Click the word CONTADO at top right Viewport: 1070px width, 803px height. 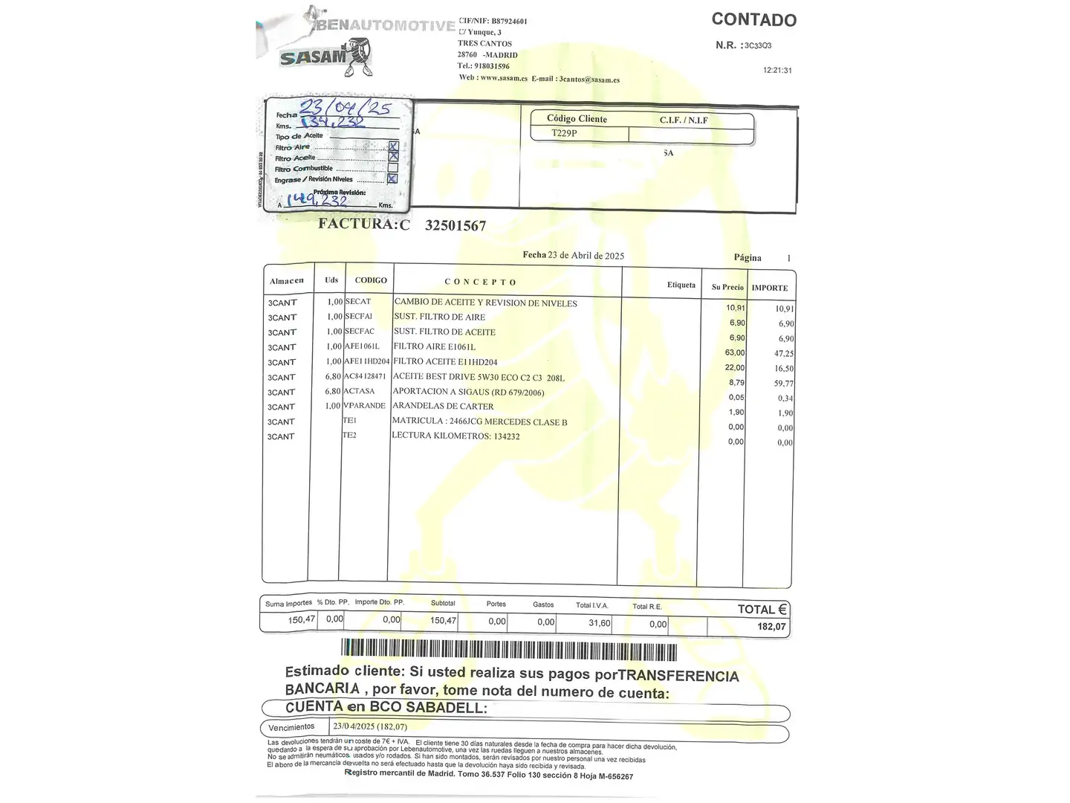coord(753,20)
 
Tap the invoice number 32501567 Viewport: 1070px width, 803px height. coord(455,226)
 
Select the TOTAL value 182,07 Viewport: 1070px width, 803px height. coord(771,627)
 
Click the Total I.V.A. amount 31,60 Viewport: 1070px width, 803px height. coord(599,623)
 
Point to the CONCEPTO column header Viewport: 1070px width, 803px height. coord(480,282)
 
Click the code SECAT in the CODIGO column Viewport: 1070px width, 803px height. coord(357,302)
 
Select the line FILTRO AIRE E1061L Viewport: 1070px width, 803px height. coord(435,346)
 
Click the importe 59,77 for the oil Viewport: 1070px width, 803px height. coord(783,384)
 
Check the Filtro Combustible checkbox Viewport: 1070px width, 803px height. coord(393,168)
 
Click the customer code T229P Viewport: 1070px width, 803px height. coord(564,134)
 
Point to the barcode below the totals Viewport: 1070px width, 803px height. coord(509,650)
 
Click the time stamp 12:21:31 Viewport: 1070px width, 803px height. coord(777,71)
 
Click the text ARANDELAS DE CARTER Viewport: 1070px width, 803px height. coord(443,406)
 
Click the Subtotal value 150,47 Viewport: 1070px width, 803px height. coord(443,620)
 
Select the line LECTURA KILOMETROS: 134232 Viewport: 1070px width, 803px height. coord(455,436)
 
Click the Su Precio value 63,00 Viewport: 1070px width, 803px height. coord(735,352)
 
